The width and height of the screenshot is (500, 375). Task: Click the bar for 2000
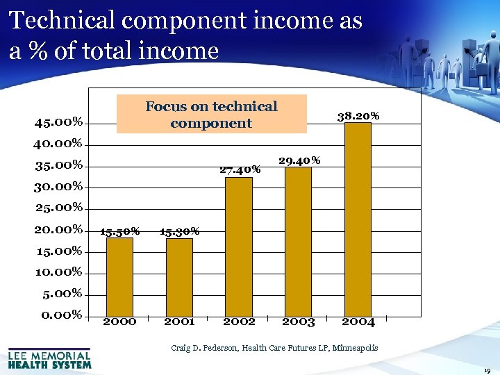(119, 276)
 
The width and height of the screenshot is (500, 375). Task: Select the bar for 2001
(179, 276)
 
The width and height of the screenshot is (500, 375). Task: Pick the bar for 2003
(299, 240)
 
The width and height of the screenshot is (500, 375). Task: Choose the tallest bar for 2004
(358, 219)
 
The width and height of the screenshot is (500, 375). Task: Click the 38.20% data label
(358, 116)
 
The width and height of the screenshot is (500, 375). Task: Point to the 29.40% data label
(299, 160)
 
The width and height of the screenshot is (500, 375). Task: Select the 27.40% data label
(240, 169)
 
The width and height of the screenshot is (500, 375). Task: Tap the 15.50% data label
(120, 231)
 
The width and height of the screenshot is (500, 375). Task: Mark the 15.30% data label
(180, 231)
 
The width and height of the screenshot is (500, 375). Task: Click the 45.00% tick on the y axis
(59, 123)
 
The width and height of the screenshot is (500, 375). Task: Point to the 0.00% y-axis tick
(62, 315)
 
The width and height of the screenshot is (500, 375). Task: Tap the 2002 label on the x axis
(239, 322)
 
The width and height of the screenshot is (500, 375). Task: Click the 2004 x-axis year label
(358, 322)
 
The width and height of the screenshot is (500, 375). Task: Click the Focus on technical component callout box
(211, 115)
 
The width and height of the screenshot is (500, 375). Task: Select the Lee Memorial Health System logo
(49, 358)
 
